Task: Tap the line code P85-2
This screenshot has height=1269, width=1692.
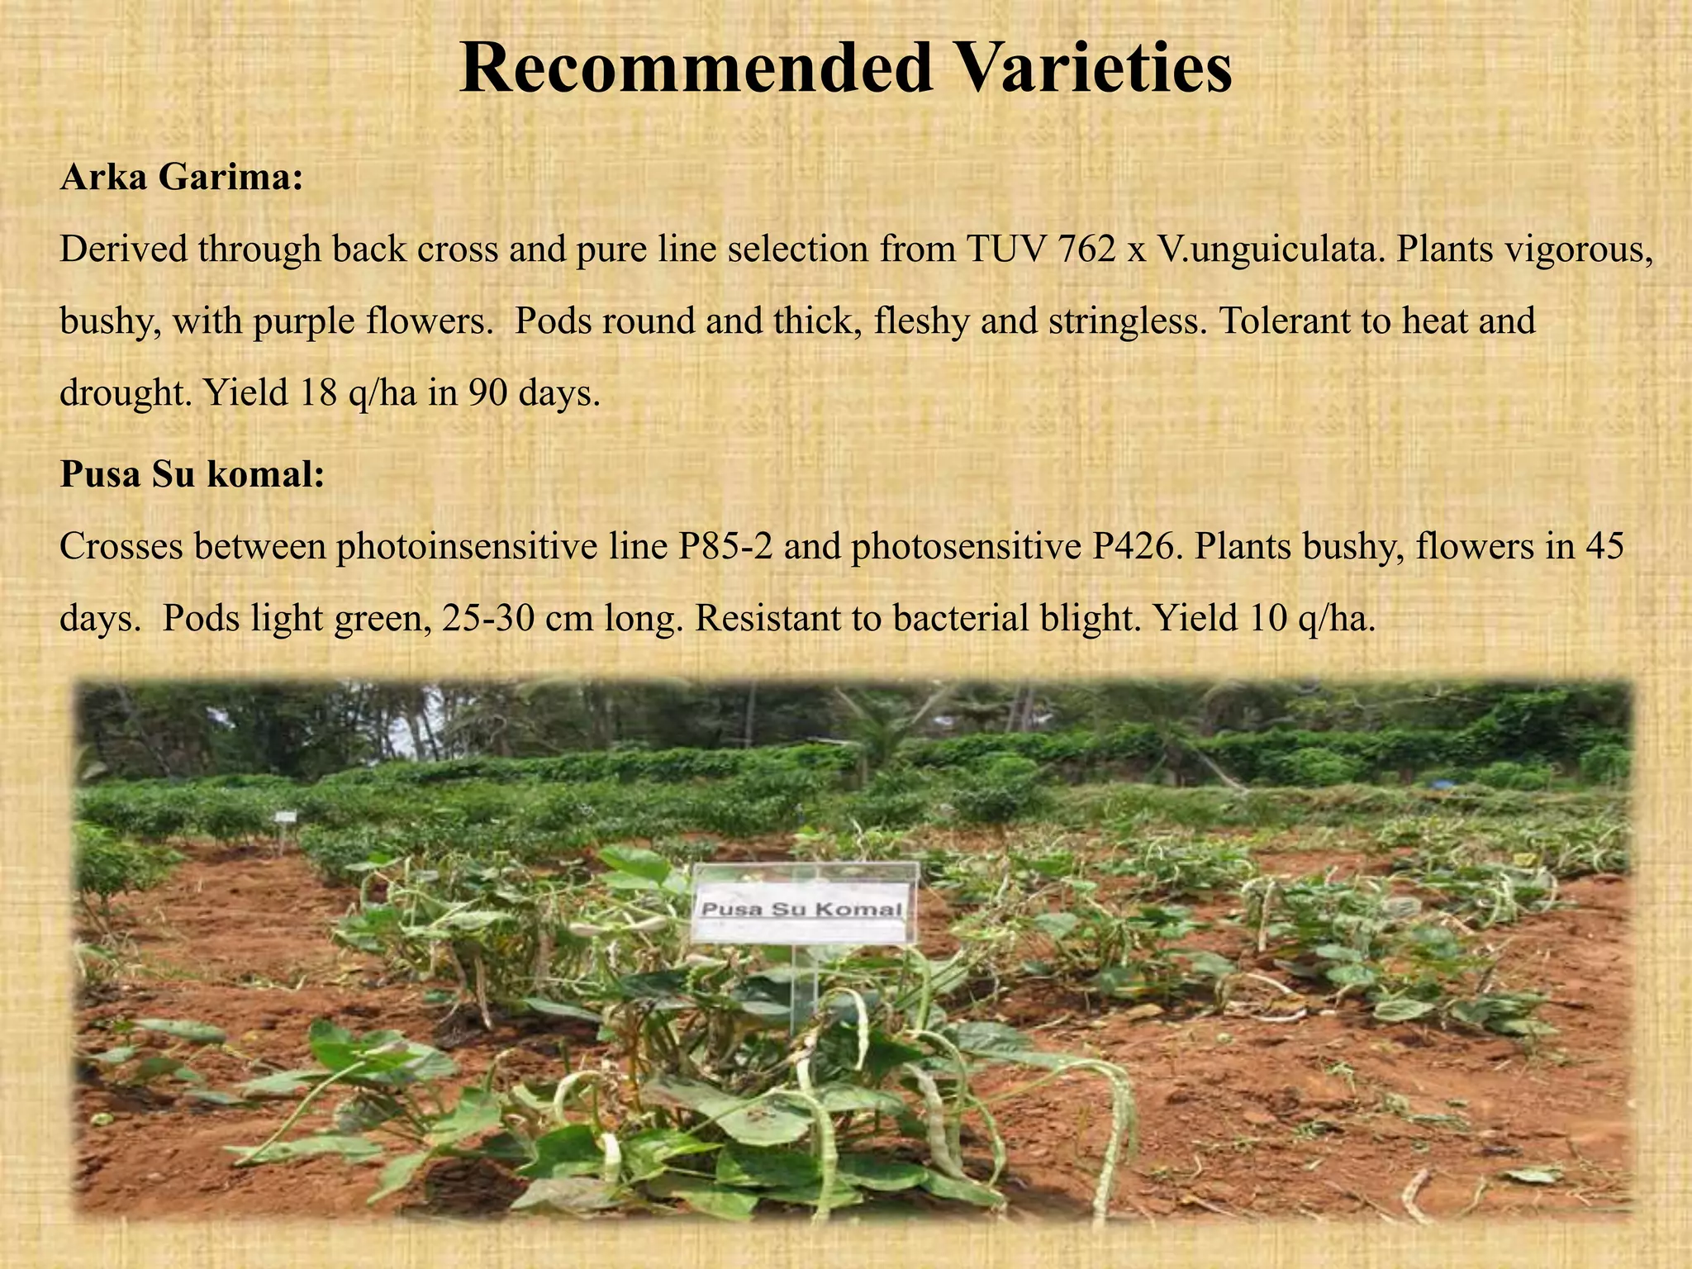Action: point(725,546)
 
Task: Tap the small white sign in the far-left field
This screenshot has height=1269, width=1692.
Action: point(286,816)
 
